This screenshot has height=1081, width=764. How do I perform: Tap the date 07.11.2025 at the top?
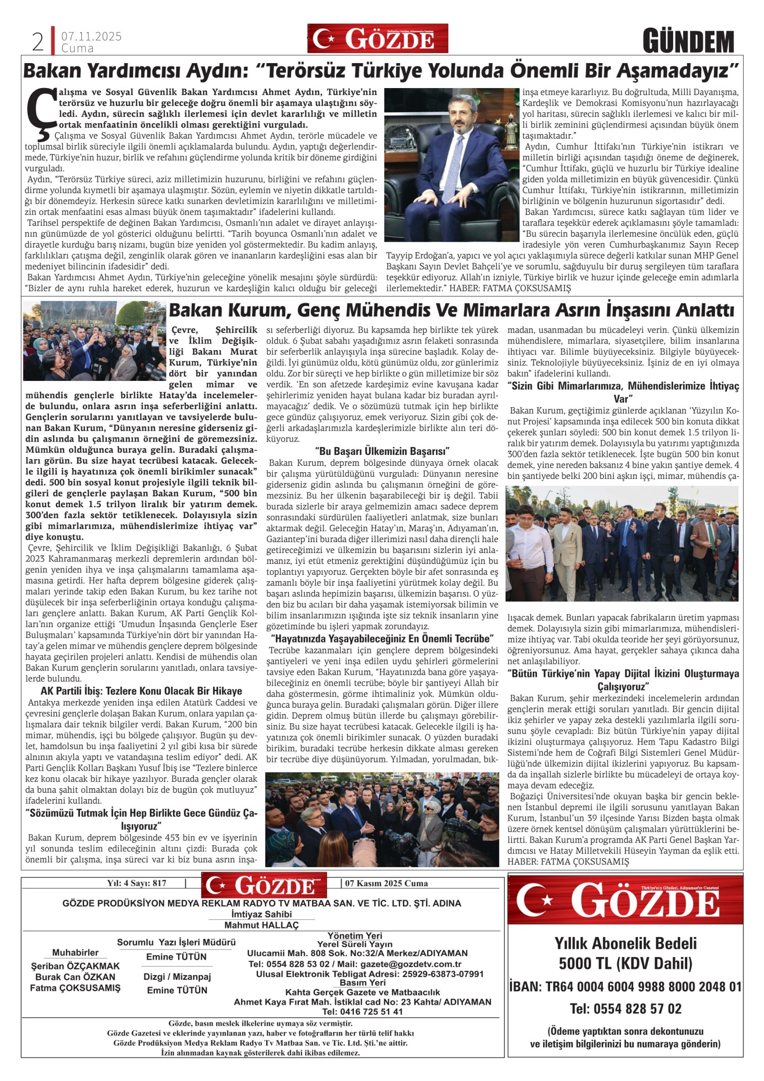[91, 36]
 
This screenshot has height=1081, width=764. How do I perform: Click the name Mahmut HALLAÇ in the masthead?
[261, 925]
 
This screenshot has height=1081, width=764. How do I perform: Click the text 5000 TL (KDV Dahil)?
[625, 964]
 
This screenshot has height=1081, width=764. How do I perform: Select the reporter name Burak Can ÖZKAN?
[75, 976]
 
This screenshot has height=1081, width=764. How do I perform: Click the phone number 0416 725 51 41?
[362, 1011]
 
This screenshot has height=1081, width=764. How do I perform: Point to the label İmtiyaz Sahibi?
[261, 914]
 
